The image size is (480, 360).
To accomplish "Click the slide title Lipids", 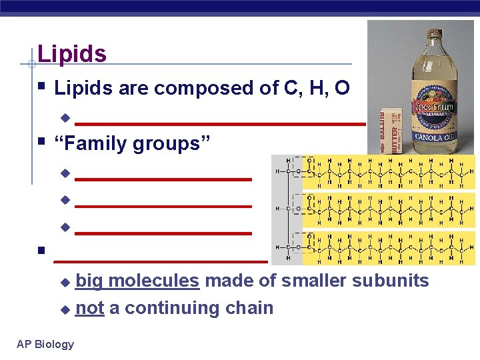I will [x=72, y=54].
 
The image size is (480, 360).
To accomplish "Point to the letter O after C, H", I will [x=341, y=88].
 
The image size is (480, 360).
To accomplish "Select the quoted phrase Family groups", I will [x=132, y=143].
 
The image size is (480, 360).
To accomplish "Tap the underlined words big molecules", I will [x=137, y=281].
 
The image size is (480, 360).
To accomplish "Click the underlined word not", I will [x=89, y=308].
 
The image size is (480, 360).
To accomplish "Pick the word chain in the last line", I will [x=247, y=308].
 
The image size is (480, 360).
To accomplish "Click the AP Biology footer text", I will [x=45, y=344].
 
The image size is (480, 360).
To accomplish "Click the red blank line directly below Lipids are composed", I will [x=220, y=123].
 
